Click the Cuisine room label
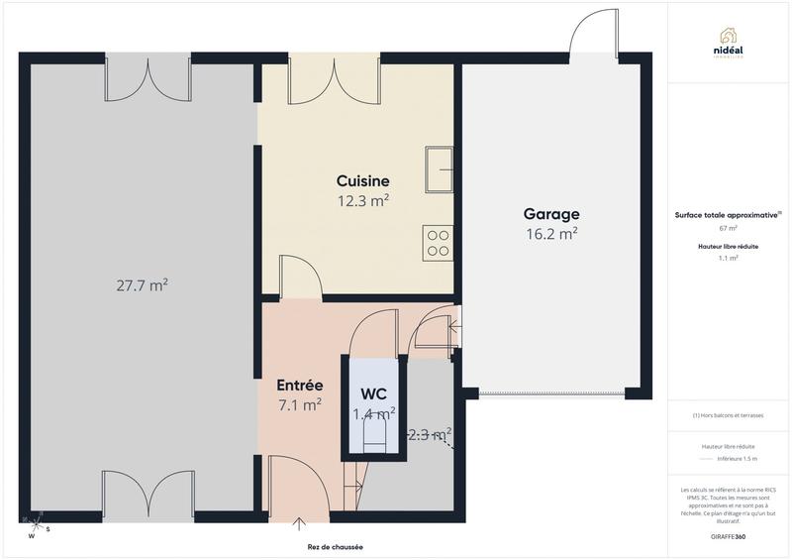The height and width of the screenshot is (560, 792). (x=362, y=181)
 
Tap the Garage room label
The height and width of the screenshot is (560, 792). (x=551, y=214)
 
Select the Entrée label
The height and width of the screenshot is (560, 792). (x=299, y=385)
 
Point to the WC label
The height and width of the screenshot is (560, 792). (x=374, y=392)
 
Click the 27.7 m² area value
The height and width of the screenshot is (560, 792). (x=142, y=284)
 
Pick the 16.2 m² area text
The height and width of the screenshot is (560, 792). (x=551, y=234)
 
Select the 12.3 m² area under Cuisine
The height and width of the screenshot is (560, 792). (x=362, y=200)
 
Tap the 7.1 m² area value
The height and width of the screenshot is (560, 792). (x=299, y=404)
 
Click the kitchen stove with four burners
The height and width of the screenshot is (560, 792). (x=438, y=244)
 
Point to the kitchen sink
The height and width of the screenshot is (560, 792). (x=439, y=168)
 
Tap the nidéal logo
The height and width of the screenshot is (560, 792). (x=730, y=41)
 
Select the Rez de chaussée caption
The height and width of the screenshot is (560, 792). (x=335, y=546)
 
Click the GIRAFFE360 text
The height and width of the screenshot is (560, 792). (x=729, y=535)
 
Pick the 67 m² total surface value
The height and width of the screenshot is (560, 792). (x=728, y=228)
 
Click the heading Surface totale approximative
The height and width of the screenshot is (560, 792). (x=728, y=214)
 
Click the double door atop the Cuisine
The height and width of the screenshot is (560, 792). (x=319, y=77)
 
